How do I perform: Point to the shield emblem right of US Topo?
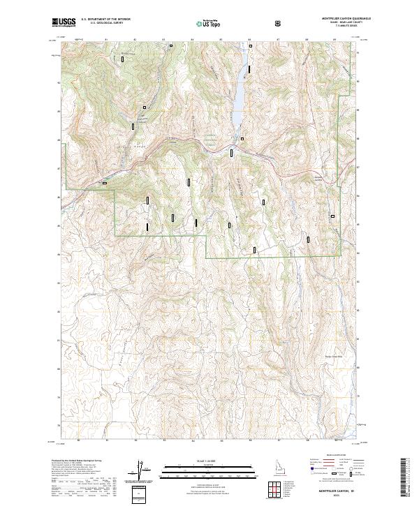279,23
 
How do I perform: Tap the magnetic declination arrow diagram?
141,470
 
